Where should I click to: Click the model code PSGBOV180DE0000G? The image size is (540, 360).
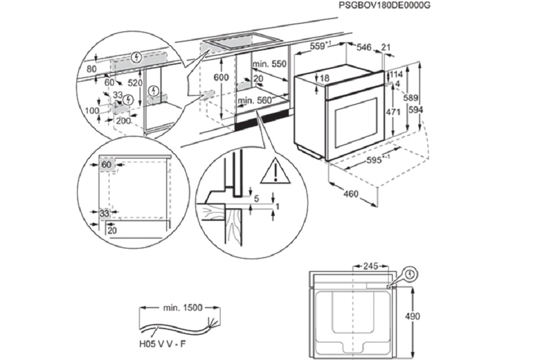coord(385,5)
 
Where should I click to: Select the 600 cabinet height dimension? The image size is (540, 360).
coord(221,77)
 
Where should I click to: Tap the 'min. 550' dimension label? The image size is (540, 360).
coord(269,64)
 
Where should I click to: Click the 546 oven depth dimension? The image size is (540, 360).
coord(364,48)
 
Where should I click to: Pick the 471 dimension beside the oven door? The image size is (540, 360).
coord(406,112)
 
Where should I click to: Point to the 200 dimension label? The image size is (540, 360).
coord(123,121)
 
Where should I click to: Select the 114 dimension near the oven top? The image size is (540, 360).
coord(397,75)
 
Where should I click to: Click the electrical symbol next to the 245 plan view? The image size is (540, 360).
coord(410,274)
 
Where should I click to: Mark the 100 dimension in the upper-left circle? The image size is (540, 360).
coord(92,110)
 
